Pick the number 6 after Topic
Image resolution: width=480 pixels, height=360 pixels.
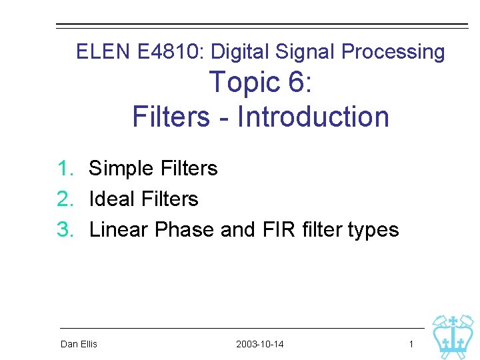pos(296,83)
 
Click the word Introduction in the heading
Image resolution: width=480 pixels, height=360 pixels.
pos(313,116)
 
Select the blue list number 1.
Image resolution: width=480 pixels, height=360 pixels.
pos(65,168)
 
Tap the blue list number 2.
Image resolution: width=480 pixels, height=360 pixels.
pos(65,199)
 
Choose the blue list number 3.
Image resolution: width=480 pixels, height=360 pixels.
pos(65,229)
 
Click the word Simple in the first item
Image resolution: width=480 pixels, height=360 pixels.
pos(118,168)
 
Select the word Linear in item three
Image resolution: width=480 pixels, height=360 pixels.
pos(119,229)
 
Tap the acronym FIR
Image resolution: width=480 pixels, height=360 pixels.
pos(268,229)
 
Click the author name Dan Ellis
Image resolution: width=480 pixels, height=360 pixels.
pos(79,344)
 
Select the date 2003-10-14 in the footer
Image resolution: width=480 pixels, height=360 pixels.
pos(259,344)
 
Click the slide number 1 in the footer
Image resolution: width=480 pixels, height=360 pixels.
pos(411,344)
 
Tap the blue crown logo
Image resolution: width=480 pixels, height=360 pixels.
pos(453,336)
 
